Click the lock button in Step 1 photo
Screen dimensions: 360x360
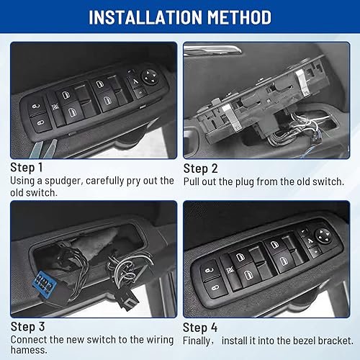36,109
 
